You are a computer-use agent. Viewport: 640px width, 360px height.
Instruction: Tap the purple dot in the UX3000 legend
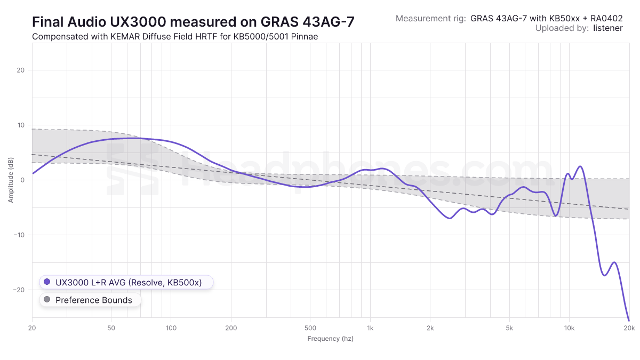pyautogui.click(x=47, y=282)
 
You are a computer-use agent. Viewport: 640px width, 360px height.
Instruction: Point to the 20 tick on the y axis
pyautogui.click(x=21, y=70)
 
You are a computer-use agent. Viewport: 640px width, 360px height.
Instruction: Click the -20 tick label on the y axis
pyautogui.click(x=20, y=290)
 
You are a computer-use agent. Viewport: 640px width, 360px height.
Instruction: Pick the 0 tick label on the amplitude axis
pyautogui.click(x=23, y=180)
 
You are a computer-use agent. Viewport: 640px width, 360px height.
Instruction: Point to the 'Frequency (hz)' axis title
pyautogui.click(x=330, y=339)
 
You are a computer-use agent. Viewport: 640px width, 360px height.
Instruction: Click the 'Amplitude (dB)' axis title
pyautogui.click(x=11, y=180)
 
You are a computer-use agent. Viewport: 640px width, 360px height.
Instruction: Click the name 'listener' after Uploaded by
pyautogui.click(x=607, y=28)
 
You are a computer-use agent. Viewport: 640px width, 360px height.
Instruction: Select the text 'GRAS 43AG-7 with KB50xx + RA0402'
pyautogui.click(x=547, y=18)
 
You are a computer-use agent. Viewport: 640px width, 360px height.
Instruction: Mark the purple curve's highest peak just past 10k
pyautogui.click(x=580, y=166)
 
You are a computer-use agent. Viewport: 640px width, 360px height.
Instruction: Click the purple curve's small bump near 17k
pyautogui.click(x=614, y=262)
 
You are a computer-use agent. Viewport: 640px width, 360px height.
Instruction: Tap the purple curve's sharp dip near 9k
pyautogui.click(x=556, y=216)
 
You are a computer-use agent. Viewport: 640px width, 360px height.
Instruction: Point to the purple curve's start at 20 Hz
pyautogui.click(x=33, y=173)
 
